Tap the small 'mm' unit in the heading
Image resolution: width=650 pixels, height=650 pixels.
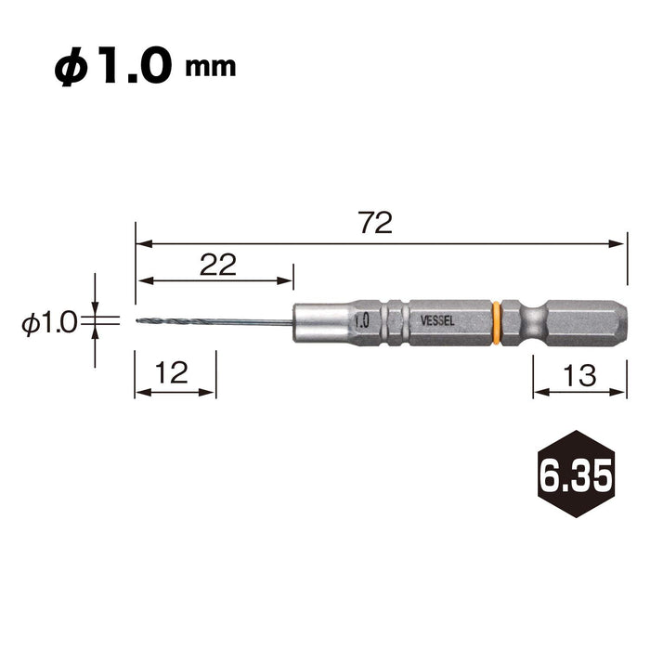[211, 68]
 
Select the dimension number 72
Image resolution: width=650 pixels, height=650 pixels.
[375, 223]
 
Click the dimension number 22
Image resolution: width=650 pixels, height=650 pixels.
[218, 265]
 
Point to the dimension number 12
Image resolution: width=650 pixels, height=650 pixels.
[172, 372]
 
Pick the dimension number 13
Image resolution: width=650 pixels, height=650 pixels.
[579, 375]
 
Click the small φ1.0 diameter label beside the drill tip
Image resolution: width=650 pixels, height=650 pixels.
[50, 323]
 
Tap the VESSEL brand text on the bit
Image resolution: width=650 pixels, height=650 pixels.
[437, 321]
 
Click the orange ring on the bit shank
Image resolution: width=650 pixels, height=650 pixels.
[496, 323]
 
